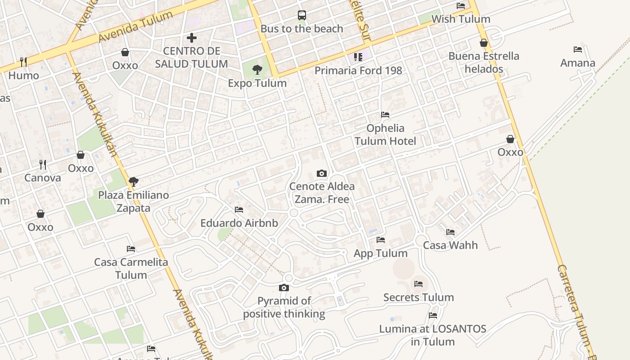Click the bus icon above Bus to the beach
[301, 15]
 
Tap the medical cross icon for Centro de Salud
[192, 38]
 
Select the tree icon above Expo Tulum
[257, 70]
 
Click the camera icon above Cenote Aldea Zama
[321, 173]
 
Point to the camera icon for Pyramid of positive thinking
[283, 288]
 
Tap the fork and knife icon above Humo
[23, 62]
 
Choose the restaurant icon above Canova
[43, 164]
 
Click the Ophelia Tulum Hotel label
[385, 135]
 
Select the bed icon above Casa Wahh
[450, 232]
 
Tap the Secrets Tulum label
[418, 297]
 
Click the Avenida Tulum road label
[135, 27]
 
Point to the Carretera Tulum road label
[576, 310]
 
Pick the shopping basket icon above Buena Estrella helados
[484, 43]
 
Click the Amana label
[578, 63]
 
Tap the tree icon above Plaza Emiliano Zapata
[133, 182]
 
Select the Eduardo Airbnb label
[239, 223]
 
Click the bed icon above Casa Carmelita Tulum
[130, 248]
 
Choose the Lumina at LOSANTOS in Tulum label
[432, 335]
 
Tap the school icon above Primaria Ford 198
[358, 57]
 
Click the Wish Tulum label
[461, 19]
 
